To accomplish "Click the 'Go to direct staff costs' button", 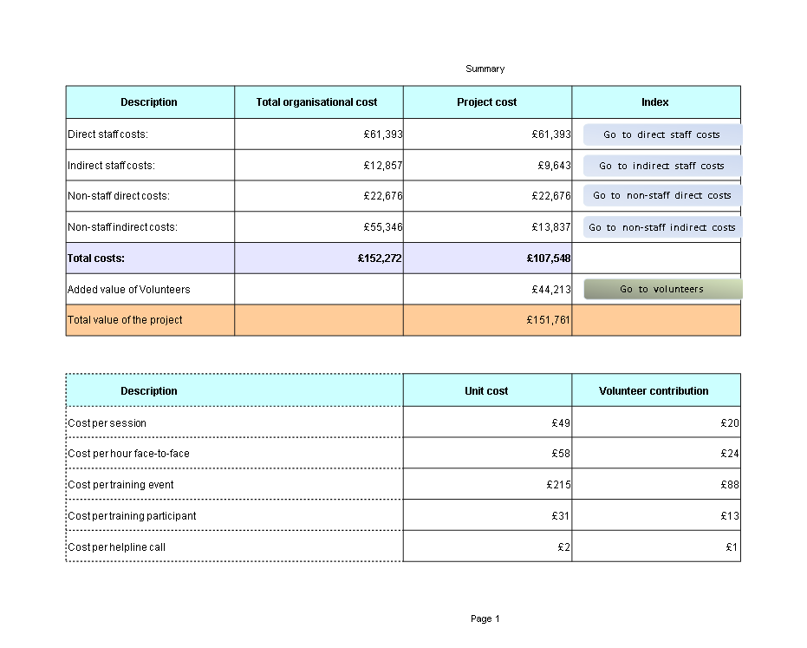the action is [662, 134].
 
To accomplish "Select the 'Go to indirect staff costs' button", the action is [662, 166].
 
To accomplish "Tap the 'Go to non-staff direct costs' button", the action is [662, 196].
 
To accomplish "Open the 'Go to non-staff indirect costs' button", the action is [662, 227].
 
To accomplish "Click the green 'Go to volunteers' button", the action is [663, 289].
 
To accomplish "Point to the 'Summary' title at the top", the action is [485, 69].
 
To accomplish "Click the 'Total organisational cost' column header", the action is [316, 102].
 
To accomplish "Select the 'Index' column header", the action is [654, 102].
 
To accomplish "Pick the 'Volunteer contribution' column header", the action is [654, 391].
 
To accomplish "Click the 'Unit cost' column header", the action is [486, 391].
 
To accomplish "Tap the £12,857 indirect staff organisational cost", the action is [383, 166].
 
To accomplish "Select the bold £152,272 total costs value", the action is [380, 258].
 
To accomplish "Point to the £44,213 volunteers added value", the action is [551, 290].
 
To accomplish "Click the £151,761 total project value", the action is [548, 320].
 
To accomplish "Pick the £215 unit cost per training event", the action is [558, 485].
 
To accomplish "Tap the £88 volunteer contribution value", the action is [730, 485].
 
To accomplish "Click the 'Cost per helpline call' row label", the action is [116, 547].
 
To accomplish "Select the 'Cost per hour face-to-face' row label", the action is [128, 454].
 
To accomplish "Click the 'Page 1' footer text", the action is [485, 619].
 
